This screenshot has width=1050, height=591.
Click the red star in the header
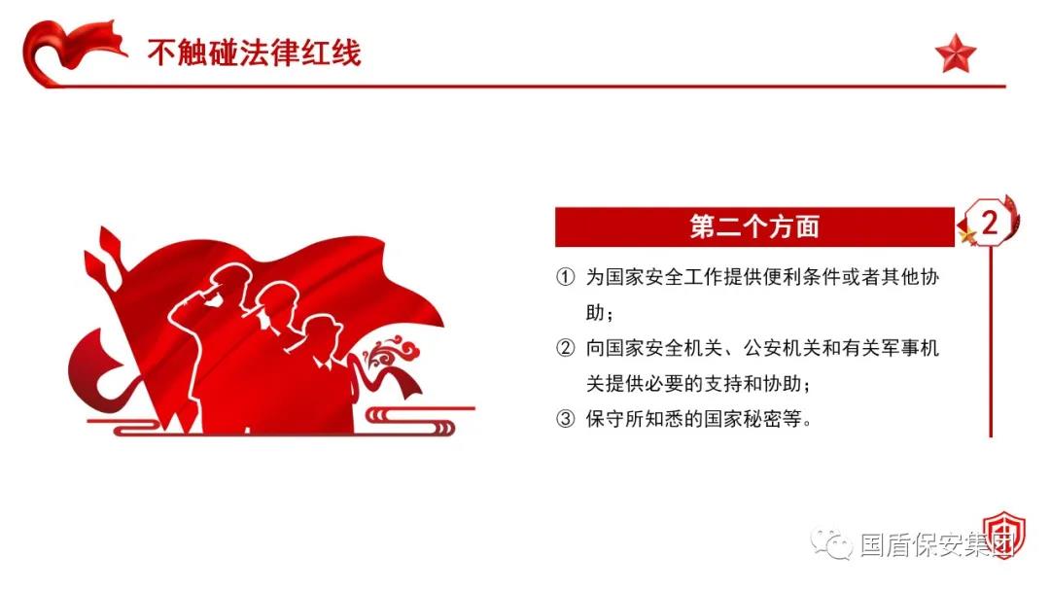point(956,53)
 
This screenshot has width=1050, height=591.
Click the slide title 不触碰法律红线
point(255,52)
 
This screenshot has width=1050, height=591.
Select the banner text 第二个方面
point(754,226)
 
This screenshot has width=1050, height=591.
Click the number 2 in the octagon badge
point(989,223)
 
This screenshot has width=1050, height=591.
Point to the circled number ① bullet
point(566,277)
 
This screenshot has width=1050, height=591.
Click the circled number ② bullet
point(566,348)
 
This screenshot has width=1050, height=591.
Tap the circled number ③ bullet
point(566,419)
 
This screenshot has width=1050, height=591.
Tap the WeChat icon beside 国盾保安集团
point(831,542)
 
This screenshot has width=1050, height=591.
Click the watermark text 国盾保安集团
point(937,544)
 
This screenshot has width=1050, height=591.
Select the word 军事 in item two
point(899,348)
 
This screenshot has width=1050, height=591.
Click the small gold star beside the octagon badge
point(966,235)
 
